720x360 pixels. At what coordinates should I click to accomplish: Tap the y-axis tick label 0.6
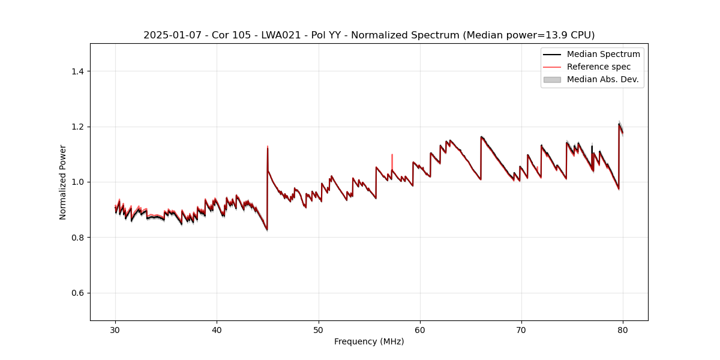(77, 293)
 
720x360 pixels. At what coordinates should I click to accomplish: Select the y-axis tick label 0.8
(77, 238)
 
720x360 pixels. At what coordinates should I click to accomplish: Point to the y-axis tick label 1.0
(77, 182)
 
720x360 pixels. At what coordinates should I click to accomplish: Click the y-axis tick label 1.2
(77, 127)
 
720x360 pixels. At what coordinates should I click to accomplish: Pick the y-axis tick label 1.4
(77, 71)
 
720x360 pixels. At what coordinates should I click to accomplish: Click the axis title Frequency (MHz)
(369, 341)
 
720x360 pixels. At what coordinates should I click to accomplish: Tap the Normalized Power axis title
(62, 182)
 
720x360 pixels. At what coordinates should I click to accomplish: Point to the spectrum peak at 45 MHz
(268, 148)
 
